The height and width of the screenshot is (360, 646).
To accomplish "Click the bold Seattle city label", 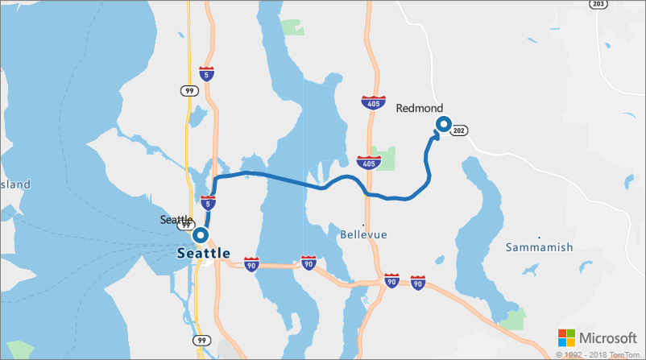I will pyautogui.click(x=203, y=253).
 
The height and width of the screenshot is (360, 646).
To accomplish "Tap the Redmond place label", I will pyautogui.click(x=419, y=108).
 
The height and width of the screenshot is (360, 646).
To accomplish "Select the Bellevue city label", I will pyautogui.click(x=363, y=234).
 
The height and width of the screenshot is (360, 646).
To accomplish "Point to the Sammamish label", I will pyautogui.click(x=540, y=246).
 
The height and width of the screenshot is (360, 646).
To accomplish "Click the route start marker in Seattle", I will pyautogui.click(x=200, y=235).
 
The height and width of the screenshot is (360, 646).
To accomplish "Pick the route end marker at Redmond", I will pyautogui.click(x=442, y=123).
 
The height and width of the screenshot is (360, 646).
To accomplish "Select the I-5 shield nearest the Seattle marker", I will pyautogui.click(x=208, y=203).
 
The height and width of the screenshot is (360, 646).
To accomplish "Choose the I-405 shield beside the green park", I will pyautogui.click(x=367, y=163).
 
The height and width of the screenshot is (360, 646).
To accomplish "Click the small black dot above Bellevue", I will pyautogui.click(x=363, y=224).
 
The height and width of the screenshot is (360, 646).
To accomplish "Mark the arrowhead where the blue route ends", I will pyautogui.click(x=436, y=136).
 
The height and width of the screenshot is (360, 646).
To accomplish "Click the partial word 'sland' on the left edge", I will pyautogui.click(x=15, y=184).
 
